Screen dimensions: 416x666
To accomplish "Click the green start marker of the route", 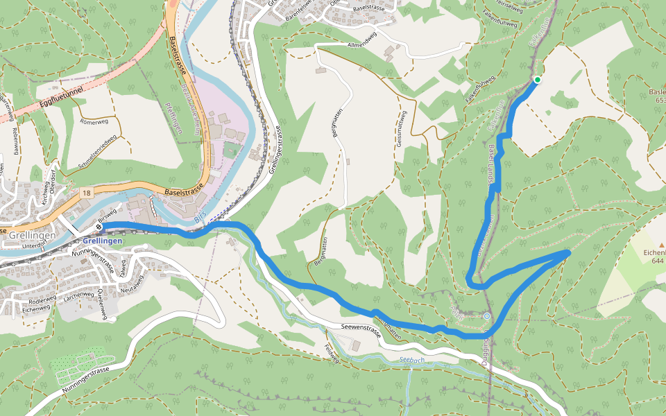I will pyautogui.click(x=537, y=80).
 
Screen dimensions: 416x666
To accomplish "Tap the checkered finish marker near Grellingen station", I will pyautogui.click(x=100, y=226).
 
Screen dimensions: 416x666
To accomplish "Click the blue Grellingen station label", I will pyautogui.click(x=103, y=241).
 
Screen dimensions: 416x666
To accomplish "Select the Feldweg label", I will pyautogui.click(x=331, y=353).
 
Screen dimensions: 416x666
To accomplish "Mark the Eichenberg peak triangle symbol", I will pyautogui.click(x=661, y=245).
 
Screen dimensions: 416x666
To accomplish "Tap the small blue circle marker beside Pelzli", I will pyautogui.click(x=487, y=316).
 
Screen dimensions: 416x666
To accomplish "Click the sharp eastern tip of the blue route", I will pyautogui.click(x=569, y=252).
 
